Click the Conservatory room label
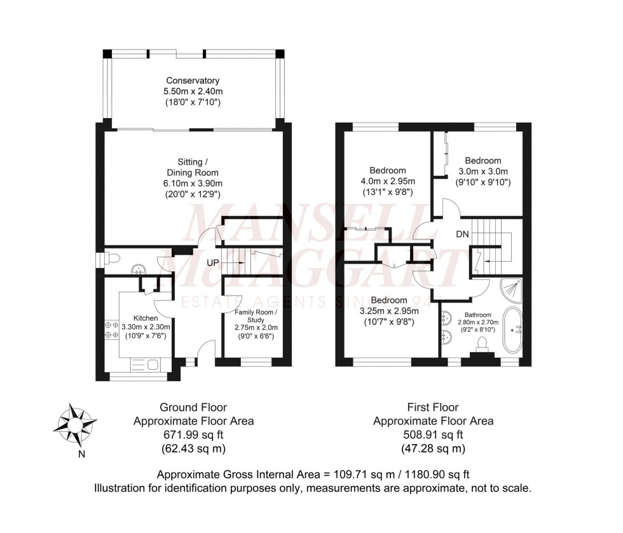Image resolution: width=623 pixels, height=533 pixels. coord(193,81)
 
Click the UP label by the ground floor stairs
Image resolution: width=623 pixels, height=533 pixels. coord(213,262)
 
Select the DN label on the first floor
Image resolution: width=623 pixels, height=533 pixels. coord(463,234)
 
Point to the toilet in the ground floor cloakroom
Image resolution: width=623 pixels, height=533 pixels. coord(113,259)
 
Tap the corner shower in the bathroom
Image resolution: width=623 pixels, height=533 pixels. coord(511,289)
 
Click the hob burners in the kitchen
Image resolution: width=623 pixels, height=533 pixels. coord(109,328)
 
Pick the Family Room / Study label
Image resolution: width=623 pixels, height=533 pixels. coord(256,318)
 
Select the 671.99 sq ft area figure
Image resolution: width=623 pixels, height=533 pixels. coord(193,435)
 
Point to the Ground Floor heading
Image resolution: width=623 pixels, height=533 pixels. coord(193,407)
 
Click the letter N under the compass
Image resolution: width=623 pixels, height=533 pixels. coord(81,454)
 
